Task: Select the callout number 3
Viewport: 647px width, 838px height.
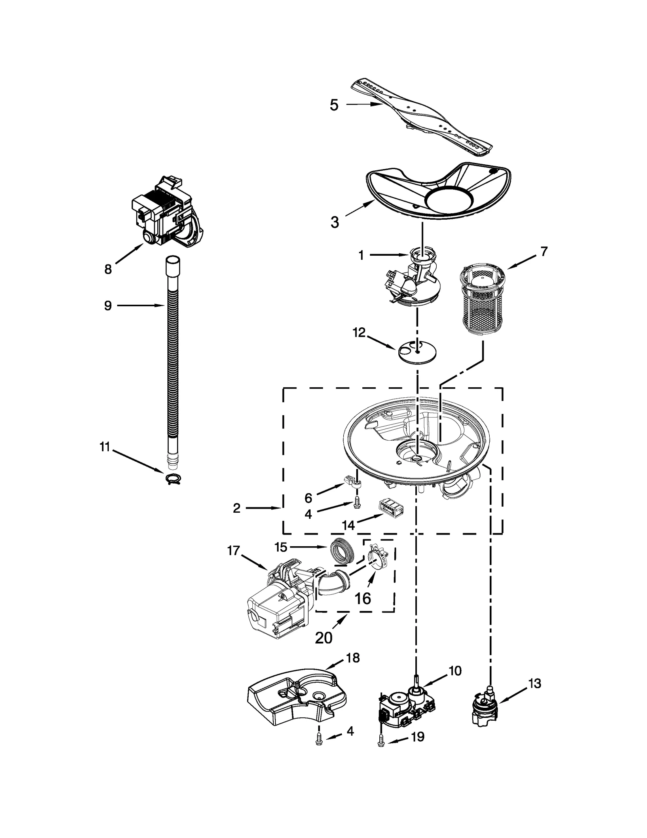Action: [x=334, y=222]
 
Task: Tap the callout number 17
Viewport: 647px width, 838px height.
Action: [x=233, y=551]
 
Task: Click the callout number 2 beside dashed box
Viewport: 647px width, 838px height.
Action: [x=237, y=508]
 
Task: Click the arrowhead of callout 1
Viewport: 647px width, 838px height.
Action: [x=408, y=255]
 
